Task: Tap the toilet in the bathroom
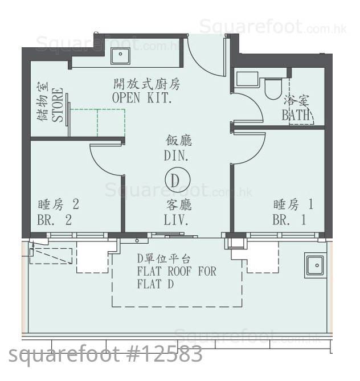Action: [x=273, y=88]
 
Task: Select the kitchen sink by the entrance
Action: [x=120, y=56]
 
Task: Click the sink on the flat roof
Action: [x=315, y=265]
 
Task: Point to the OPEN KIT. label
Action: [x=142, y=98]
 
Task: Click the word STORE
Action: [x=58, y=105]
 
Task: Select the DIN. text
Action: [x=176, y=155]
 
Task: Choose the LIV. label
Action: [x=176, y=220]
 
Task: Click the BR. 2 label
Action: [x=55, y=220]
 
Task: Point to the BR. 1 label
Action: [x=289, y=220]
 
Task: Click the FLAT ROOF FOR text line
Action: [x=177, y=272]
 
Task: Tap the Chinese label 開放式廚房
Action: [x=146, y=84]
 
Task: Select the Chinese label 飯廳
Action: [x=179, y=141]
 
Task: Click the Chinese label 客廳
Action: [x=179, y=205]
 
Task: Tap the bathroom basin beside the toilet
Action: [x=247, y=79]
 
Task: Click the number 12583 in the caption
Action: [x=171, y=354]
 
